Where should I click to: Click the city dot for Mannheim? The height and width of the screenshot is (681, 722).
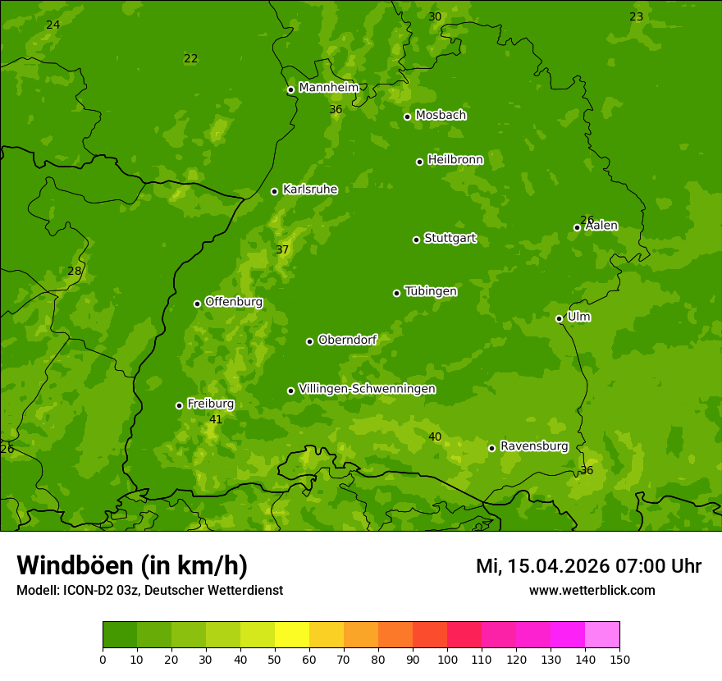(x=290, y=90)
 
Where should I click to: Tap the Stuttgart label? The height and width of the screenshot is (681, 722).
(x=450, y=239)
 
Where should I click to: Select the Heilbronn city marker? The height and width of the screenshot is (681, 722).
(x=419, y=162)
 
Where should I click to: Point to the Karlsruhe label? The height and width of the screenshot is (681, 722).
(x=309, y=190)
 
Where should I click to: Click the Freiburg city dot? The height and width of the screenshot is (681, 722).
(x=179, y=405)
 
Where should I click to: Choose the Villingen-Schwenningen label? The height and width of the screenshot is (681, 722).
(x=367, y=389)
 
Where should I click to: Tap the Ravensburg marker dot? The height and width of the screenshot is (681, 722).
(x=491, y=448)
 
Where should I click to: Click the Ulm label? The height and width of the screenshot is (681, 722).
(x=578, y=317)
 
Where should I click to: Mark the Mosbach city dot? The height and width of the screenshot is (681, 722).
(x=407, y=117)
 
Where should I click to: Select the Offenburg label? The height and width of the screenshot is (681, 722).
(x=233, y=302)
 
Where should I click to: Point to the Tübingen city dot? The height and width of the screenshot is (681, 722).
(x=396, y=293)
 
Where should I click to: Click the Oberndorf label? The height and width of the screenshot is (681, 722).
(x=347, y=340)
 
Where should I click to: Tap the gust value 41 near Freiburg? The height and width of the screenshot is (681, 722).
(x=216, y=419)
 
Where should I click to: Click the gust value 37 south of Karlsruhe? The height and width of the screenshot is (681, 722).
(x=282, y=249)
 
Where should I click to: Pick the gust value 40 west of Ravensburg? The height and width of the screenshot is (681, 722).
(x=435, y=436)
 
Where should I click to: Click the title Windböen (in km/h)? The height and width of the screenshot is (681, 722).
(x=132, y=565)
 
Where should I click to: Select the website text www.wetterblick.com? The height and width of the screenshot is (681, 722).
(x=592, y=590)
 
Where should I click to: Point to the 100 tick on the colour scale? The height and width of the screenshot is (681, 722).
(x=447, y=659)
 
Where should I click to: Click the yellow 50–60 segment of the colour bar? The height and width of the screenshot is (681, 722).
(x=292, y=635)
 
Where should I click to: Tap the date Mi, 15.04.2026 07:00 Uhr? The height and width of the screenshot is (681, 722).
(x=588, y=566)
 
